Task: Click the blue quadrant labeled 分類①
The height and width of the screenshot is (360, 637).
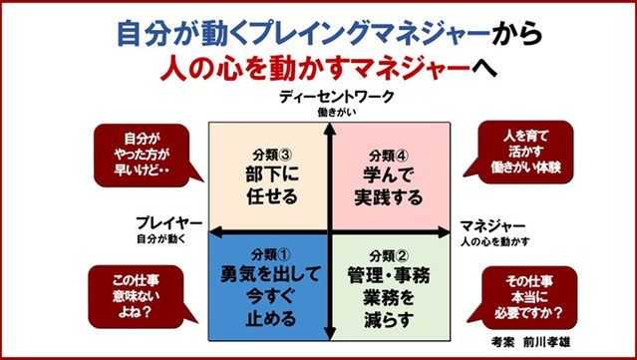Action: pyautogui.click(x=266, y=285)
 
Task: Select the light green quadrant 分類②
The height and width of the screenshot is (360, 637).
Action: pyautogui.click(x=391, y=285)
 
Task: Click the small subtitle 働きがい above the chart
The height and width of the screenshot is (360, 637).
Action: pyautogui.click(x=330, y=112)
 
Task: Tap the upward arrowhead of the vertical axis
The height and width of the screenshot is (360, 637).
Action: pyautogui.click(x=330, y=125)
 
